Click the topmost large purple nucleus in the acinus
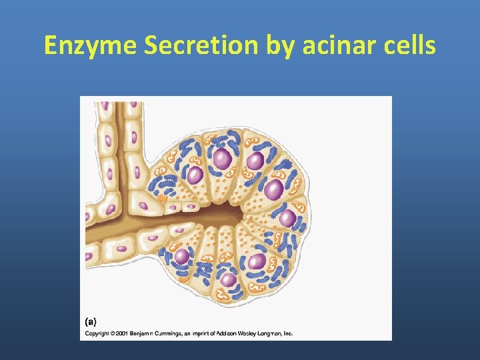222,159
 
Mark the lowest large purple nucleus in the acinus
229,279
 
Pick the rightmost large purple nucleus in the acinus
288,218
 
